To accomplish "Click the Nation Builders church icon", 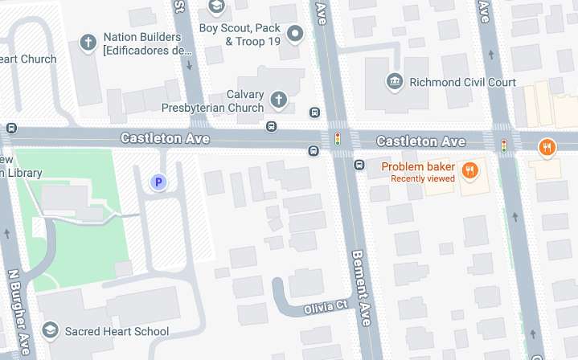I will coord(88,42).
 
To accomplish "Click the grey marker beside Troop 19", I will coord(296,34).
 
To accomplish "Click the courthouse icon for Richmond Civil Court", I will coord(395,81).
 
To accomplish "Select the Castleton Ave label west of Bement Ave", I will coord(165,138).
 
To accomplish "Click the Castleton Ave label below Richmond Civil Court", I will coord(422,141).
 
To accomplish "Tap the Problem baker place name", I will coord(418,167).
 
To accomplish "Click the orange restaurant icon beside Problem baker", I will coord(471,170).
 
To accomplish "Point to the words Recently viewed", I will coord(423,178).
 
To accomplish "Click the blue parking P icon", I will coord(158,182).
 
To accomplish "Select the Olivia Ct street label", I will coord(325,307).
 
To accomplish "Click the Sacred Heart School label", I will coord(117,331).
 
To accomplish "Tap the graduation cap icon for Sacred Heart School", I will coord(50,330).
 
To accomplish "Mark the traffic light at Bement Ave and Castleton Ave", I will coord(338,139).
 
